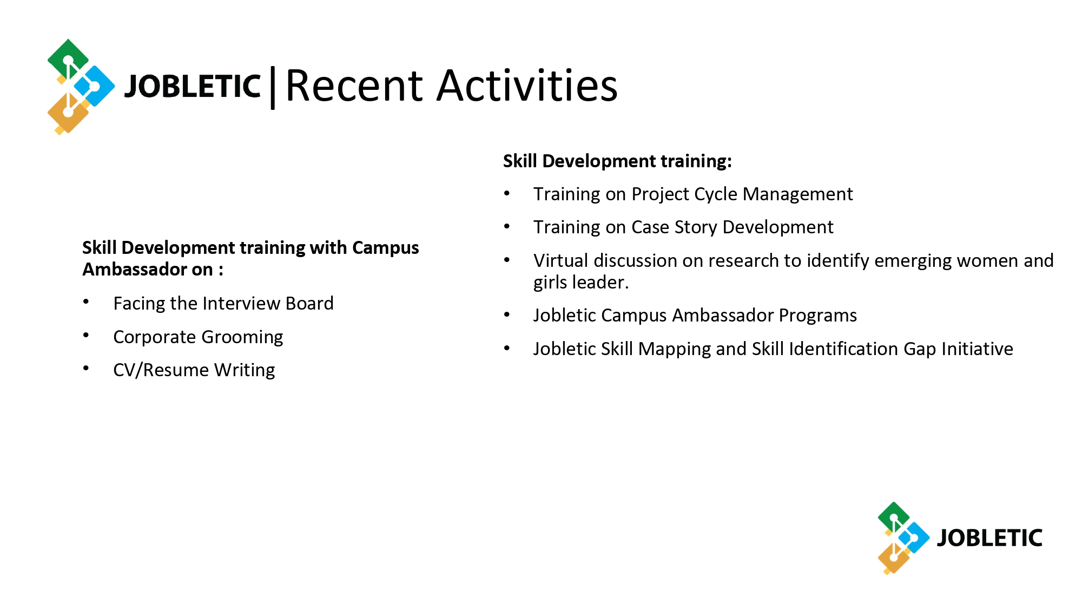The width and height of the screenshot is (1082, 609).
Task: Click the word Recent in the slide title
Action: pos(354,86)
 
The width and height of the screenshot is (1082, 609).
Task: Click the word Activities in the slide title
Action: pos(527,86)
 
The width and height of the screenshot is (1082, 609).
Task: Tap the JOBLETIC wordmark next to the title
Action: pos(193,87)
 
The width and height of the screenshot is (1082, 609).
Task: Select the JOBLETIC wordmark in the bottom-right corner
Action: pos(989,538)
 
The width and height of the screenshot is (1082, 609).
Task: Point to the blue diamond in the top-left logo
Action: pos(94,86)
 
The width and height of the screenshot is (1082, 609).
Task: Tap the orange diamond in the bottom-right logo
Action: pos(893,558)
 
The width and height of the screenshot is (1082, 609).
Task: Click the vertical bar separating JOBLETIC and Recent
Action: pos(273,88)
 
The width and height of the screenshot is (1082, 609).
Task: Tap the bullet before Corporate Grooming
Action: pos(86,335)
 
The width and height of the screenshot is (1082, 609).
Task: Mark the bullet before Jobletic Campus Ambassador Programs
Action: pos(507,314)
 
